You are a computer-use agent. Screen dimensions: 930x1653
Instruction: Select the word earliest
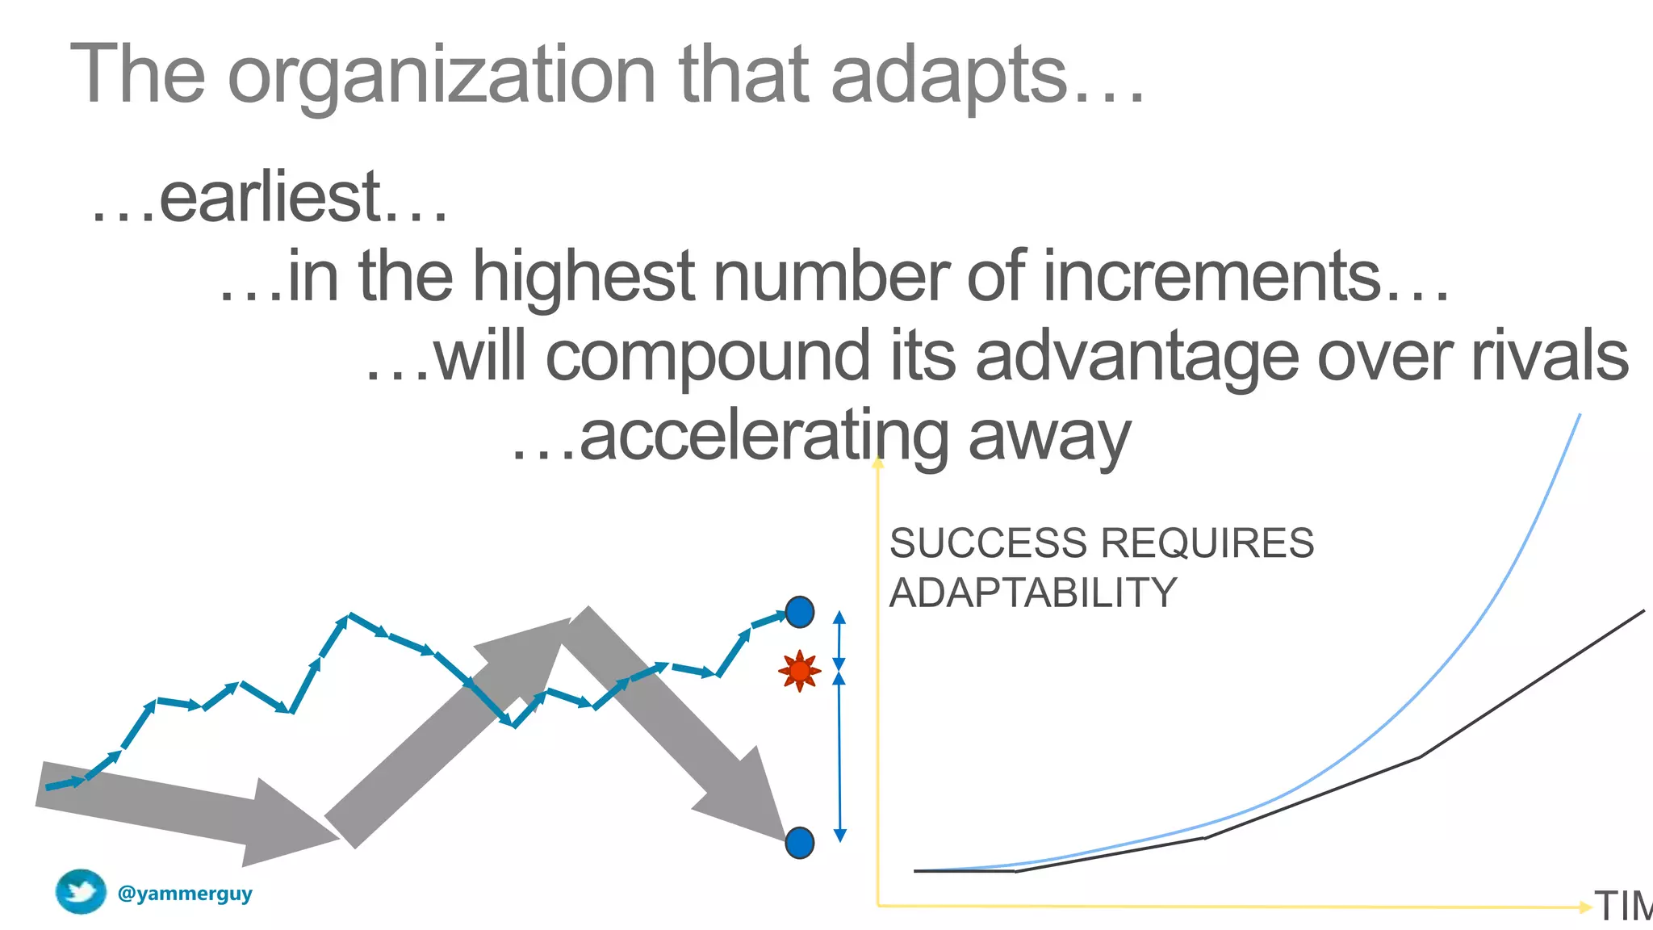point(270,198)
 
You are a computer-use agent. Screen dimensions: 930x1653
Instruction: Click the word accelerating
point(763,436)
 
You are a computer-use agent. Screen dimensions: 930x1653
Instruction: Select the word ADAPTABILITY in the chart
point(1033,593)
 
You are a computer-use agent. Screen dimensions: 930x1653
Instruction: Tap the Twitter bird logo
point(81,892)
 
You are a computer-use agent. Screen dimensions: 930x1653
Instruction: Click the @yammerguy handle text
point(185,894)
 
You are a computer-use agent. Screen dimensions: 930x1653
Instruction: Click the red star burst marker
point(799,670)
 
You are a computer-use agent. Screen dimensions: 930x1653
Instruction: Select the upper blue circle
point(799,612)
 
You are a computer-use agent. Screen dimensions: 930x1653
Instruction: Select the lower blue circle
point(799,843)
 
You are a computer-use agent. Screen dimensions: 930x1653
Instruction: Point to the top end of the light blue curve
point(1579,417)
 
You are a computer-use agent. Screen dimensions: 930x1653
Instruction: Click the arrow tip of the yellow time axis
point(1586,907)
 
